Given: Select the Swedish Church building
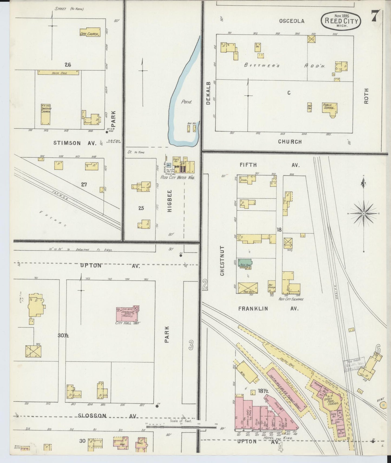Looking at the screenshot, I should [45, 114].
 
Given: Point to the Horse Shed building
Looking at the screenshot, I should [58, 73].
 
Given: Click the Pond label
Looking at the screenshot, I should [186, 102].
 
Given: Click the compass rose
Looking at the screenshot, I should [364, 214].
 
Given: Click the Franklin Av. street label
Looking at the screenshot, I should [268, 308].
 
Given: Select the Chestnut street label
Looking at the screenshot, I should [222, 260].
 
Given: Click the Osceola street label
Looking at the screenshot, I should [292, 21].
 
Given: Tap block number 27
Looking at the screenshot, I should [84, 184].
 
